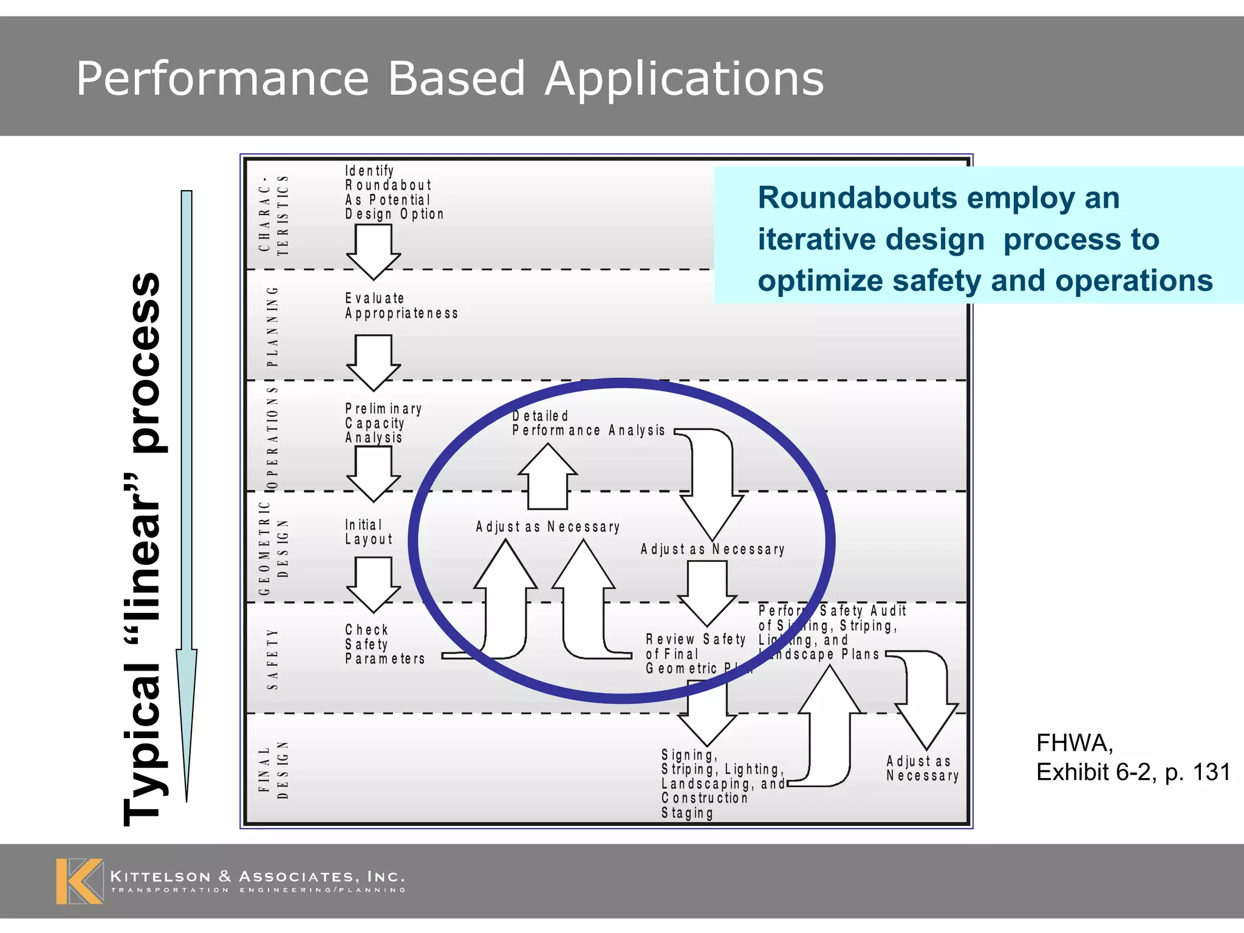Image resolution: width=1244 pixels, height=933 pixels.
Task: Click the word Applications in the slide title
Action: click(684, 79)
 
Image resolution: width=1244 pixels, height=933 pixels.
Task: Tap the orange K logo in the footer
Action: click(79, 881)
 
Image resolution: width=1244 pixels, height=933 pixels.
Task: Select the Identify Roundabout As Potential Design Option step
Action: click(394, 193)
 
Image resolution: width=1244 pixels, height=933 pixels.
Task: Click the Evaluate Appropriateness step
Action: click(401, 306)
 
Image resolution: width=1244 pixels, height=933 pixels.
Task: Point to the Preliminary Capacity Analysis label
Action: click(383, 423)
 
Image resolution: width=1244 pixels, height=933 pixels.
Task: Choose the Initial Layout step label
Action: click(369, 532)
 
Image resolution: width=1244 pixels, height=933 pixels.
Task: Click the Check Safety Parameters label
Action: click(384, 644)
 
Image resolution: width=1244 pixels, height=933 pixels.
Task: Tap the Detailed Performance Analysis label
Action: click(587, 423)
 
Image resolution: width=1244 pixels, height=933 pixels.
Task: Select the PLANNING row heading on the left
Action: click(273, 326)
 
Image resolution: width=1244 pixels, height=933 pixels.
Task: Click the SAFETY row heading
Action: click(273, 659)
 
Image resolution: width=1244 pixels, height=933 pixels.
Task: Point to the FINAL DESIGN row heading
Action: click(273, 770)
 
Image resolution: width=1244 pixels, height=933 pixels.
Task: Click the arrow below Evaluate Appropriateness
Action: click(373, 362)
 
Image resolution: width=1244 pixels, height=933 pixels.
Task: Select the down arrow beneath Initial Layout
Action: click(373, 584)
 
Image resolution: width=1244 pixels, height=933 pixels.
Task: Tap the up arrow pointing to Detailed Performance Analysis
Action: click(547, 477)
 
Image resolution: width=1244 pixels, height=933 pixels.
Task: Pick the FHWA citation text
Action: click(1132, 757)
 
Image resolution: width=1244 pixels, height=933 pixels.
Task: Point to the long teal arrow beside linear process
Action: click(186, 495)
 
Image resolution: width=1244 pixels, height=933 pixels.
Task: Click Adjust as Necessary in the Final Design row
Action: click(922, 768)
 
